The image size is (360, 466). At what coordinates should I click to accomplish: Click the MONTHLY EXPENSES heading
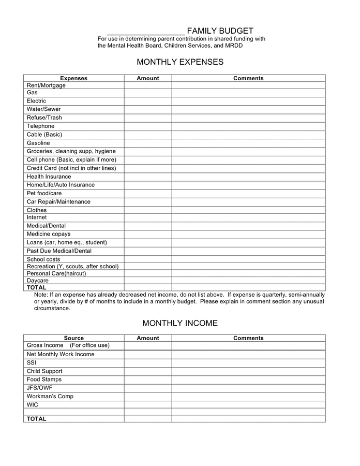coord(180,62)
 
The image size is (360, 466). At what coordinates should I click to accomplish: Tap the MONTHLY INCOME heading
coord(180,323)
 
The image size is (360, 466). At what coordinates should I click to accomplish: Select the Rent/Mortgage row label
coord(46,85)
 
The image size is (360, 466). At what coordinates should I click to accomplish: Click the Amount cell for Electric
coord(148,101)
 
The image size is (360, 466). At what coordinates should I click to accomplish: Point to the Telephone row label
coord(40,126)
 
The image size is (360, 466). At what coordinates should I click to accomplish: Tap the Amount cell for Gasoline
coord(148,143)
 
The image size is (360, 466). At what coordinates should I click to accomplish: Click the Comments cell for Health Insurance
coord(248,177)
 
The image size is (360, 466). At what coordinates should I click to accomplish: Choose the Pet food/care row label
coord(44,193)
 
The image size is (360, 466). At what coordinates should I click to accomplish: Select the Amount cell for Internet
coord(148,218)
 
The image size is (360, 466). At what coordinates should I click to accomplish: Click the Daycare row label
coord(37,281)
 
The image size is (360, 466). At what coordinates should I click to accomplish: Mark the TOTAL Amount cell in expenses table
coord(148,287)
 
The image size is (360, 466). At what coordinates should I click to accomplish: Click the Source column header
coord(73,338)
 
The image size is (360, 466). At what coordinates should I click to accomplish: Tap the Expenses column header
coord(73,78)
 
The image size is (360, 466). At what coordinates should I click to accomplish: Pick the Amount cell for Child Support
coord(148,371)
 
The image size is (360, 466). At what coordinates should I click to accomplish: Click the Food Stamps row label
coord(44,380)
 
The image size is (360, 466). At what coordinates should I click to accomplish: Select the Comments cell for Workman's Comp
coord(248,396)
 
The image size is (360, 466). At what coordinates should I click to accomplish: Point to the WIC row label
coord(32,404)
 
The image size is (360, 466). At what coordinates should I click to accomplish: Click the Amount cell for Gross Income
coord(148,345)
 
